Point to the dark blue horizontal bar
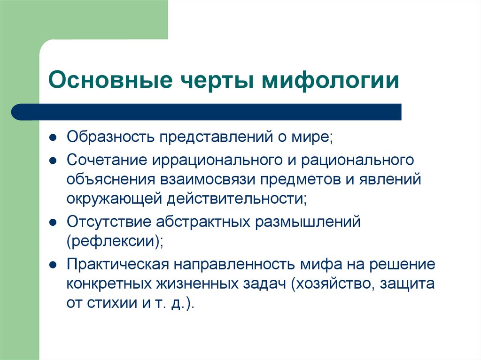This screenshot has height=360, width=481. click(x=207, y=112)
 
